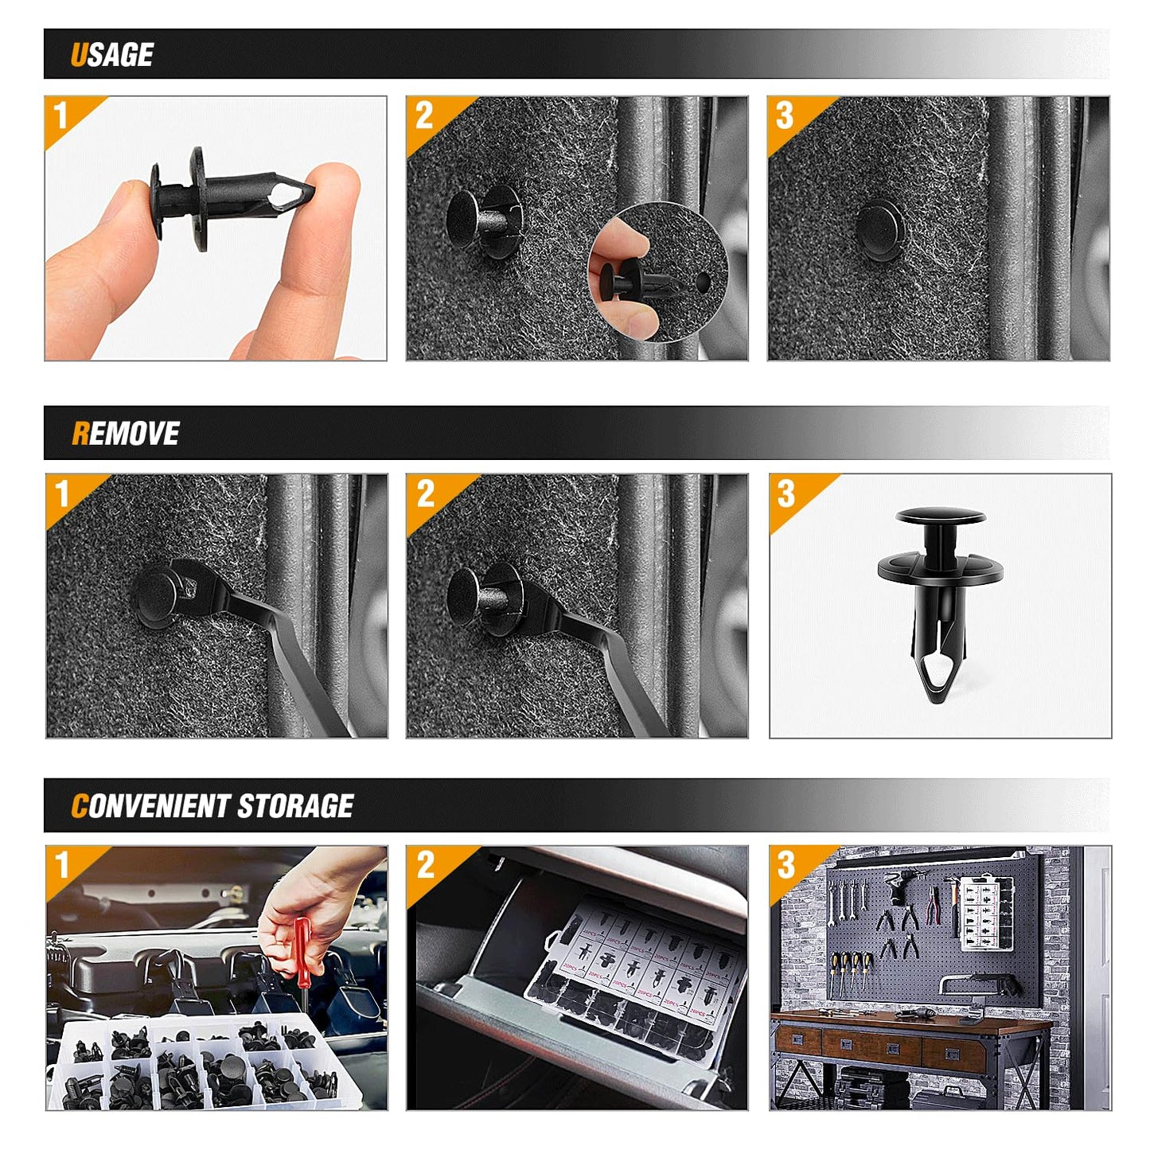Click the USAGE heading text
[111, 55]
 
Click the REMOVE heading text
[125, 434]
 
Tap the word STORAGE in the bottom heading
[295, 806]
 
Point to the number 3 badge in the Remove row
[786, 493]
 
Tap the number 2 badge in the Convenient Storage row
[425, 865]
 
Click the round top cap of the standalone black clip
[941, 517]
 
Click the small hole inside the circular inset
[702, 282]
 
